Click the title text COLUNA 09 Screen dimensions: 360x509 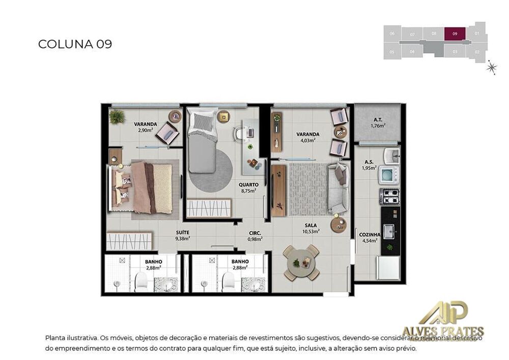(75, 44)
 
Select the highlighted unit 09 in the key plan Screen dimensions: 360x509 (455, 34)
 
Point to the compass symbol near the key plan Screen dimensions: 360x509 (491, 67)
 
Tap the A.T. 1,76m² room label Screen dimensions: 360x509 (378, 123)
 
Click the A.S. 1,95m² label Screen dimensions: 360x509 (369, 165)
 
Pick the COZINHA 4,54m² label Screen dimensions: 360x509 (370, 237)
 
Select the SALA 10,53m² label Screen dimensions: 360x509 (311, 228)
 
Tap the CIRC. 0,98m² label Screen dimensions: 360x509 (254, 236)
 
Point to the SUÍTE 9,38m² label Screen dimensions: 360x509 (183, 235)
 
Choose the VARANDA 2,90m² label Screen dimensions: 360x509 (145, 127)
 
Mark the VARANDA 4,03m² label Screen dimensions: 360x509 (307, 137)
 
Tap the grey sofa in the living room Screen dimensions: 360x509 (338, 189)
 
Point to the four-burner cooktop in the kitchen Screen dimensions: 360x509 (390, 197)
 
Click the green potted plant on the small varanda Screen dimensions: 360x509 (117, 117)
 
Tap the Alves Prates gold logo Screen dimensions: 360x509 (443, 321)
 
